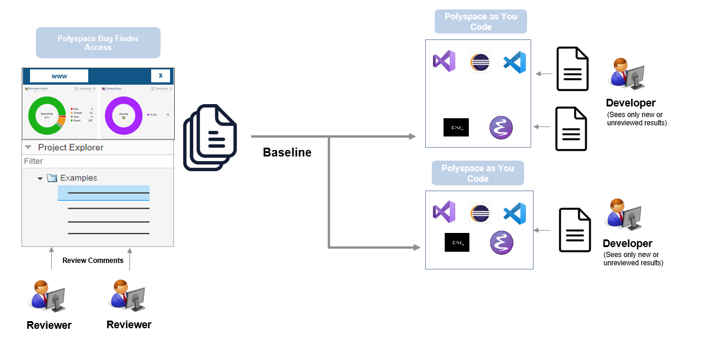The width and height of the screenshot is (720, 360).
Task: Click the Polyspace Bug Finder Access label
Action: coord(98,43)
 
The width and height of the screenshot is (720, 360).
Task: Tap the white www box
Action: coord(59,76)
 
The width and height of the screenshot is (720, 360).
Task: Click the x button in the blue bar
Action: coord(161,76)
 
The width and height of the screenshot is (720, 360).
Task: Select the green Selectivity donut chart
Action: coord(47,115)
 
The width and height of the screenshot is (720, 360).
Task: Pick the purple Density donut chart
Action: coord(124,115)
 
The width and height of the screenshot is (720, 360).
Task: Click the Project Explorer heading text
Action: coord(71,147)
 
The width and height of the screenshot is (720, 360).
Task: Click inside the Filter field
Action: coord(98,161)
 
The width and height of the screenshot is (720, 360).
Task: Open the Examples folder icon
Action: coord(52,178)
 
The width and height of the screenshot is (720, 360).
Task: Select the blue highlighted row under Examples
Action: coord(104,193)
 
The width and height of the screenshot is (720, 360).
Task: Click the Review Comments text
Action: coord(93,261)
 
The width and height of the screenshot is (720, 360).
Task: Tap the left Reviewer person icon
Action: coord(47,296)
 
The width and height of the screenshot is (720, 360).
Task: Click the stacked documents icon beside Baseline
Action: coord(210,137)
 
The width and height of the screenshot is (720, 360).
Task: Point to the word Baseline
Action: coord(287,153)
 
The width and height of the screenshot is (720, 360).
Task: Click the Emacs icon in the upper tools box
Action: coord(501,127)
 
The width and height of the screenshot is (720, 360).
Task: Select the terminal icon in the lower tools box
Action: coord(456,242)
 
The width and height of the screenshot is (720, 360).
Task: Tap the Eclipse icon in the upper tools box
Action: coord(480,62)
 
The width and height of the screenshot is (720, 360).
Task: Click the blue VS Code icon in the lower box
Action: coord(515,213)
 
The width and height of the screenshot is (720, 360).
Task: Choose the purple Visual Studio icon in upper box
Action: coord(444,61)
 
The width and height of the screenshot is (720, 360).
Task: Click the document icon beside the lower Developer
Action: coord(574,230)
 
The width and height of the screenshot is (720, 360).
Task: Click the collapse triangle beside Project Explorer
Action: coord(28,147)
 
